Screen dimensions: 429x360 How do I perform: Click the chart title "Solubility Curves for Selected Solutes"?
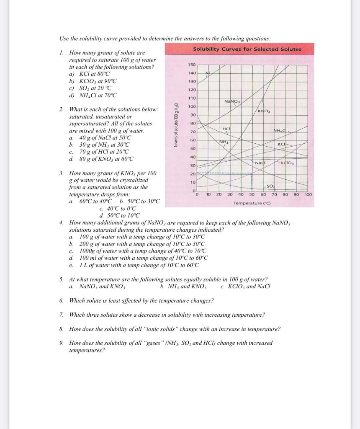point(247,49)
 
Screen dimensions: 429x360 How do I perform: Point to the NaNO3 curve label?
point(231,101)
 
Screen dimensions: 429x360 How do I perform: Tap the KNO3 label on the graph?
point(264,111)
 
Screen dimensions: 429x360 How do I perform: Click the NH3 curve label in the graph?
point(225,142)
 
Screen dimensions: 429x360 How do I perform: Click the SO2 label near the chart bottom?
point(270,186)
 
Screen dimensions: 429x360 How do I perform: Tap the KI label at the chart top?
point(207,73)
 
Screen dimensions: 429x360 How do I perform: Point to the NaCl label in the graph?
point(260,162)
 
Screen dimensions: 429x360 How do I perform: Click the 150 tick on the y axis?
point(192,65)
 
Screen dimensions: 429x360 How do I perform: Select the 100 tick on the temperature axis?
point(308,195)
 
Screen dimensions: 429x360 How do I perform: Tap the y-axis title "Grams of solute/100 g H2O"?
point(176,125)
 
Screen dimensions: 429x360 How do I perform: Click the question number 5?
point(61,279)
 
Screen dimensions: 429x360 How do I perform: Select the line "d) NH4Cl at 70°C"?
point(93,95)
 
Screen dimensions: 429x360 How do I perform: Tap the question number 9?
point(61,343)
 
